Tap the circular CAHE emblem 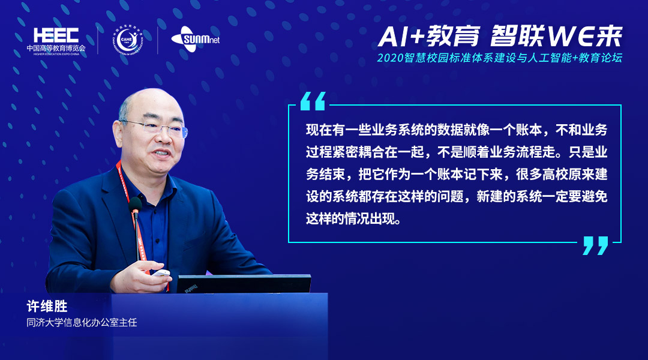tap(127, 40)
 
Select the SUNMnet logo tap(196, 39)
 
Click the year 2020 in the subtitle tap(390, 58)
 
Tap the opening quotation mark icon tap(313, 101)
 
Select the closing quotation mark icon tap(596, 245)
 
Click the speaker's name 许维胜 tap(47, 306)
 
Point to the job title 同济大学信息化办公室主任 tap(82, 322)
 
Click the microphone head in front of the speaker tap(135, 205)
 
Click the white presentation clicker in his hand tap(161, 273)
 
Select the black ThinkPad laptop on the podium tap(244, 284)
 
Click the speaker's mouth tap(161, 154)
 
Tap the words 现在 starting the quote tap(319, 130)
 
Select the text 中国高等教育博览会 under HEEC tap(56, 48)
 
